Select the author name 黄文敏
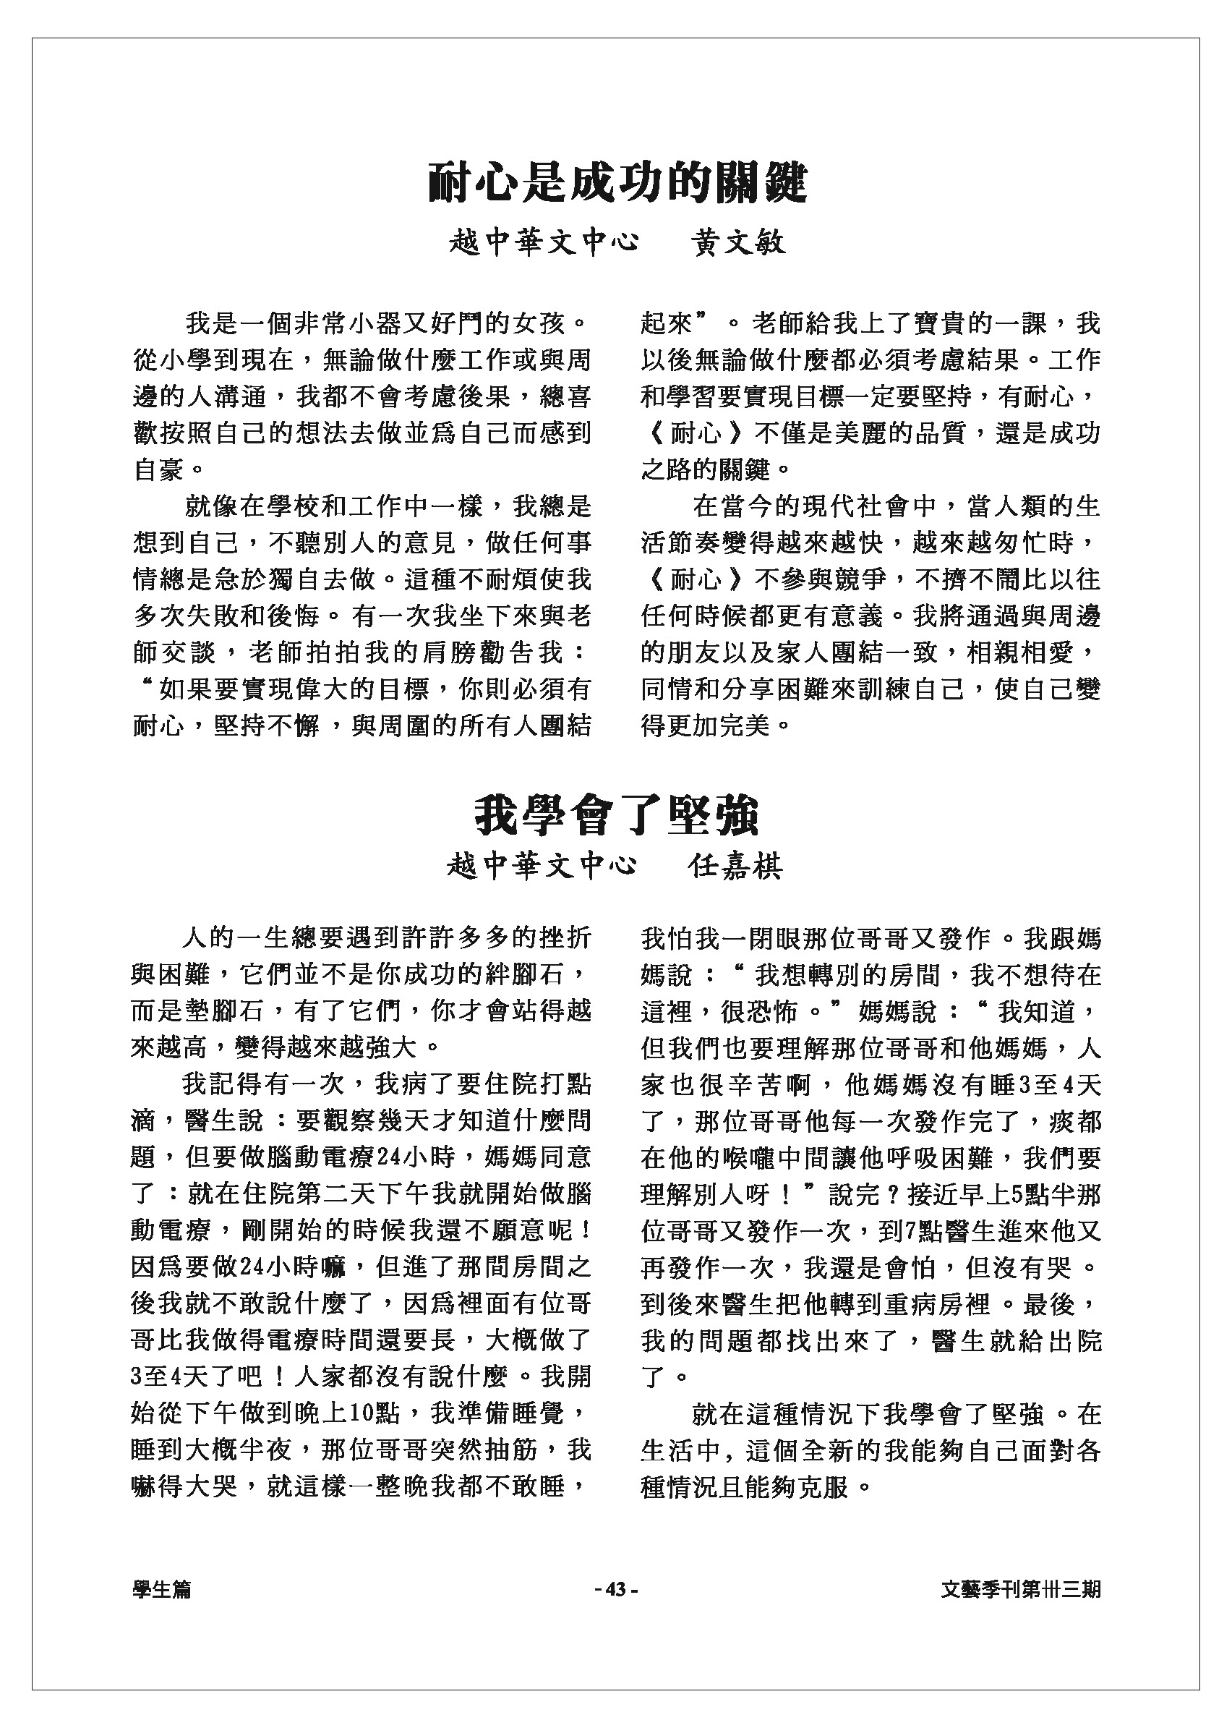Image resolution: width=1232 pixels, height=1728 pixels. coord(738,243)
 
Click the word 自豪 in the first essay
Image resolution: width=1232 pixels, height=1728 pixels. coord(159,469)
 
